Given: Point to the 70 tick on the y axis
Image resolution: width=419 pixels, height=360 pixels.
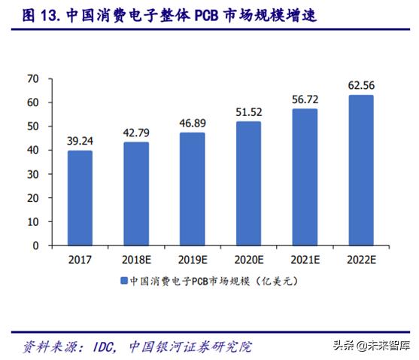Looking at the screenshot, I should point(32,78).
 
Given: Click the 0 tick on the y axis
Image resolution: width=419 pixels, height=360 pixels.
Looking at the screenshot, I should point(35,246).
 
